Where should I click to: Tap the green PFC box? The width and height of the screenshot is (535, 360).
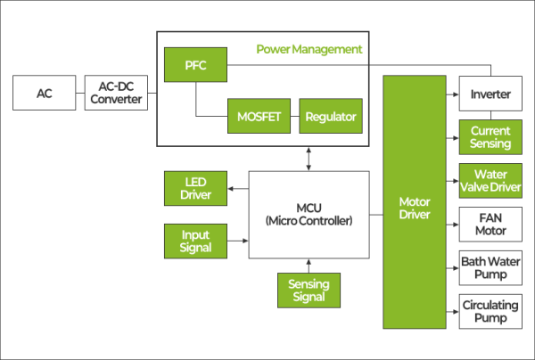tap(195, 65)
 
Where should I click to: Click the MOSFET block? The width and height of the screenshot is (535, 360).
tap(259, 116)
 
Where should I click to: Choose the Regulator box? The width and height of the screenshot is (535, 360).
tap(331, 116)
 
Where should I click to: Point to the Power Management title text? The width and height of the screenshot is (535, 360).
tap(309, 49)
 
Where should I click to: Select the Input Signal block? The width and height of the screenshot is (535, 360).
tap(195, 241)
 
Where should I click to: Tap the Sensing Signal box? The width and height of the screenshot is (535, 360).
tap(309, 290)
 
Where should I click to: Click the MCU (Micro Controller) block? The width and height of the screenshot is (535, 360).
tap(309, 214)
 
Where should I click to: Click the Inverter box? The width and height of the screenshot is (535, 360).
tap(490, 94)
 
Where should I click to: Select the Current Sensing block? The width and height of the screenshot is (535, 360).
tap(490, 137)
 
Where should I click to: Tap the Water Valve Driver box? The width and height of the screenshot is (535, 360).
tap(490, 181)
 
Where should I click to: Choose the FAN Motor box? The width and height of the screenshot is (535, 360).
tap(490, 225)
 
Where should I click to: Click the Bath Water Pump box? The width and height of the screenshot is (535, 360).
tap(490, 268)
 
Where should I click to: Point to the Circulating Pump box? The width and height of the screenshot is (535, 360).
tap(490, 312)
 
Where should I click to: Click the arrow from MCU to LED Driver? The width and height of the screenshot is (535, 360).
tap(237, 188)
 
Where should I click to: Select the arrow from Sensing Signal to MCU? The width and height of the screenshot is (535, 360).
tap(309, 264)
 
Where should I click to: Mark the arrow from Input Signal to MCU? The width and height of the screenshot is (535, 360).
tap(237, 241)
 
